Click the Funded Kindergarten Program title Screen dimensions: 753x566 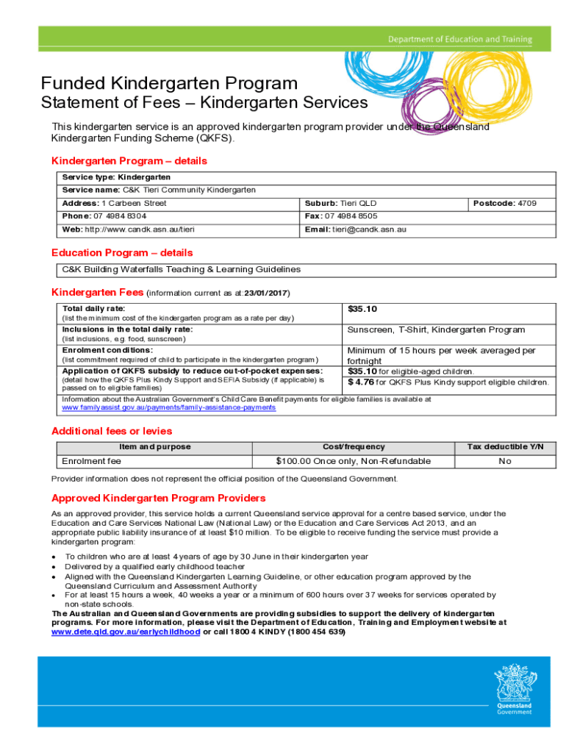[x=169, y=83]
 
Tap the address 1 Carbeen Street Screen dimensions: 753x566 [x=134, y=203]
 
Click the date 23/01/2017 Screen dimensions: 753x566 [x=265, y=293]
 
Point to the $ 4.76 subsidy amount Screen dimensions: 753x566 [x=362, y=382]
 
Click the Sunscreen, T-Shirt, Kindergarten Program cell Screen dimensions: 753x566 [x=436, y=330]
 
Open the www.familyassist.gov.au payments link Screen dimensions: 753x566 [x=168, y=407]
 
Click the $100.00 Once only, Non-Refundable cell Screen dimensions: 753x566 [x=353, y=461]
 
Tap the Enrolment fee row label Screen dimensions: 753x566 [x=91, y=461]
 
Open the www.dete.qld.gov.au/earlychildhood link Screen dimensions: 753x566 [x=125, y=632]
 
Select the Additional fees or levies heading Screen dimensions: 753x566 [x=112, y=431]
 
